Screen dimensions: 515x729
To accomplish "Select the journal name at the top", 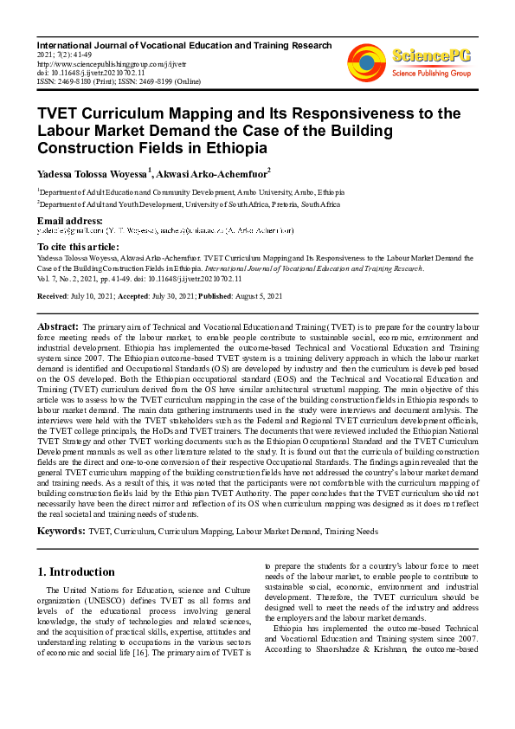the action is pyautogui.click(x=183, y=45).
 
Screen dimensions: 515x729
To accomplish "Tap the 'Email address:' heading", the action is pyautogui.click(x=71, y=221).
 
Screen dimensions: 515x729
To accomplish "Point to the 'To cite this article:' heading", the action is pyautogui.click(x=79, y=247).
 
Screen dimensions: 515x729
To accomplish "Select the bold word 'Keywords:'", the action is pyautogui.click(x=61, y=528).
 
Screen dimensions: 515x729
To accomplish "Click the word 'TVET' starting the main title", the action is pyautogui.click(x=60, y=113).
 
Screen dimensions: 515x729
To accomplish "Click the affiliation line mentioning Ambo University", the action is pyautogui.click(x=190, y=191).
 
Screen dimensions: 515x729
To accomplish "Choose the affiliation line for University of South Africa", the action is pyautogui.click(x=189, y=203).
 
